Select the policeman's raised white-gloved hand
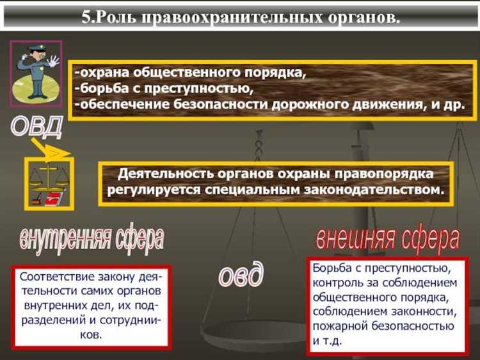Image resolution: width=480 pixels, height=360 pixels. point(52,61)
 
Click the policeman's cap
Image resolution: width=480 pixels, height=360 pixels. point(34,51)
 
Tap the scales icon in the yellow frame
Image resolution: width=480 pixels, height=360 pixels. point(49,182)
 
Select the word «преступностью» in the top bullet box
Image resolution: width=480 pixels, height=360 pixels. point(198,88)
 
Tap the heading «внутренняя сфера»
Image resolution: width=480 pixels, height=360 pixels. point(91,238)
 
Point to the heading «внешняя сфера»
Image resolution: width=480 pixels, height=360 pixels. point(388,237)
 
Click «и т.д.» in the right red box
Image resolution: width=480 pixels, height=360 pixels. point(329,340)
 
